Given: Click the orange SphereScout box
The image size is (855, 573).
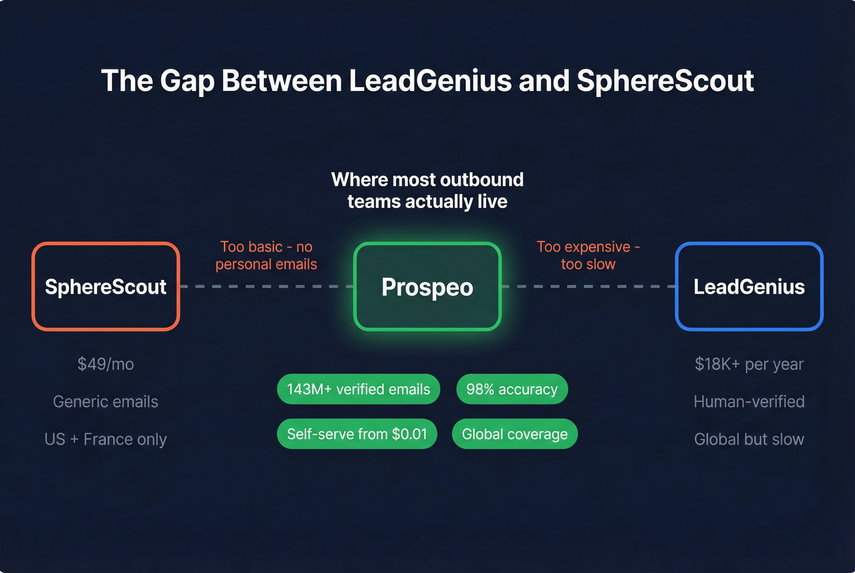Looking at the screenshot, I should (x=106, y=287).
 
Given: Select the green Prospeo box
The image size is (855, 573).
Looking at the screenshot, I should (x=428, y=287).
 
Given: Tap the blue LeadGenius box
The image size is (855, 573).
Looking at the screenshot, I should (x=749, y=287).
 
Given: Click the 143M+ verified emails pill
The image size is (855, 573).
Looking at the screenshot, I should (x=358, y=389).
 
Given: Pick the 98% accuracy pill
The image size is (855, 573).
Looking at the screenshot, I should (x=512, y=389).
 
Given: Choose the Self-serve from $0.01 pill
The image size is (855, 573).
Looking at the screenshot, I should (x=357, y=434).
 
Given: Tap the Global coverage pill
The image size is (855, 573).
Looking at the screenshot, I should (x=515, y=434).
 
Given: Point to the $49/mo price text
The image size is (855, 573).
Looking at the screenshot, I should (x=106, y=364).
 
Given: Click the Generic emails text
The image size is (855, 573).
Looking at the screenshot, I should (x=106, y=402).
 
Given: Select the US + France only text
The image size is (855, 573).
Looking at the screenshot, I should (x=106, y=439).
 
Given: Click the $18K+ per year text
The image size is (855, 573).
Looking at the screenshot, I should (x=749, y=364).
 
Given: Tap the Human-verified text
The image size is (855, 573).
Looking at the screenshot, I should (x=749, y=402).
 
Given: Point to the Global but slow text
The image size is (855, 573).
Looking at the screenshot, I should (x=749, y=439).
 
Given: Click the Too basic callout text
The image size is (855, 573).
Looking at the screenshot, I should (x=266, y=256).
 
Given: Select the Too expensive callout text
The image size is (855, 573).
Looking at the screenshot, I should (x=588, y=256).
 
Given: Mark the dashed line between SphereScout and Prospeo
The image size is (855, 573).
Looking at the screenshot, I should (x=266, y=286).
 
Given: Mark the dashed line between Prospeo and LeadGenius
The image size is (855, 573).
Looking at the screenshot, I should (x=588, y=286).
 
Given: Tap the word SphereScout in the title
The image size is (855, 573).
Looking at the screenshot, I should (x=665, y=81).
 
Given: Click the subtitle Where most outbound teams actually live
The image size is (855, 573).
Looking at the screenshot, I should (x=428, y=190).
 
